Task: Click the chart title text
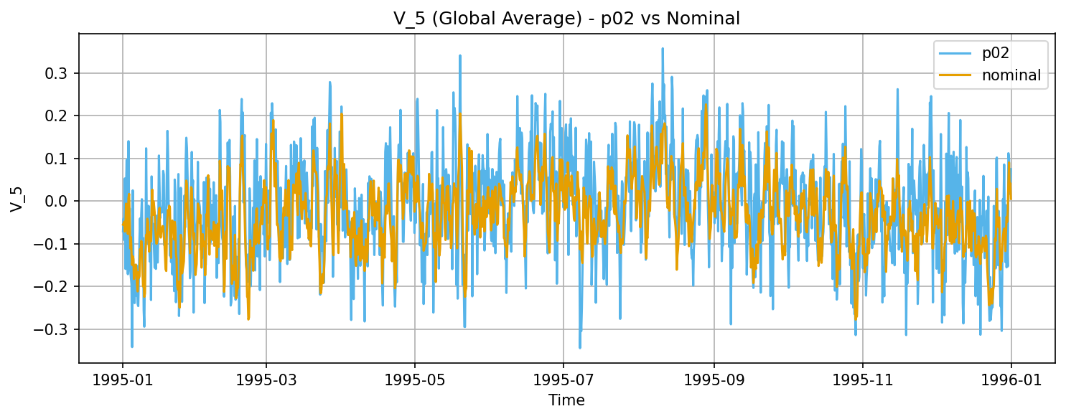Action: coord(566,19)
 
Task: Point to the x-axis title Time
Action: coord(566,400)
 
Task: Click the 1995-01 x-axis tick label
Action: coord(122,379)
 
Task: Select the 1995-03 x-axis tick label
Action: coord(266,379)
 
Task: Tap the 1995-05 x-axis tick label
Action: coord(414,379)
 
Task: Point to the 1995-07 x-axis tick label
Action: coord(563,379)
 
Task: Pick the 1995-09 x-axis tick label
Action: coord(714,379)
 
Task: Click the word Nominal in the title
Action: coord(708,19)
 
